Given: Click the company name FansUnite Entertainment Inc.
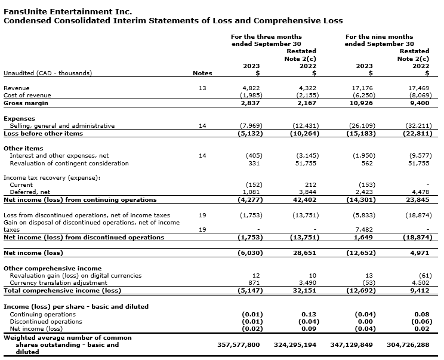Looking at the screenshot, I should click(68, 11).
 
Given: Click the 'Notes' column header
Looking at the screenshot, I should click(202, 73).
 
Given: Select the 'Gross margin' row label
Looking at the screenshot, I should click(26, 103).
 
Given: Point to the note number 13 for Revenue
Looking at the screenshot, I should click(202, 88).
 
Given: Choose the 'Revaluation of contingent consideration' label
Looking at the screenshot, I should click(69, 164).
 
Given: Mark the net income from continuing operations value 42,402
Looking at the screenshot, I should click(307, 200).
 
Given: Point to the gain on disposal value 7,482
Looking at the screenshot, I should click(365, 229).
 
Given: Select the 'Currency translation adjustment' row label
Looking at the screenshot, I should click(58, 283).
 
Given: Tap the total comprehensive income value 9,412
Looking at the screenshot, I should click(420, 291).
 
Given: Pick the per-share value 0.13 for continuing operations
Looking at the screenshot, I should click(311, 314).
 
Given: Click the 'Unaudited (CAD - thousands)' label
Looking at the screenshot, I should click(48, 73).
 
